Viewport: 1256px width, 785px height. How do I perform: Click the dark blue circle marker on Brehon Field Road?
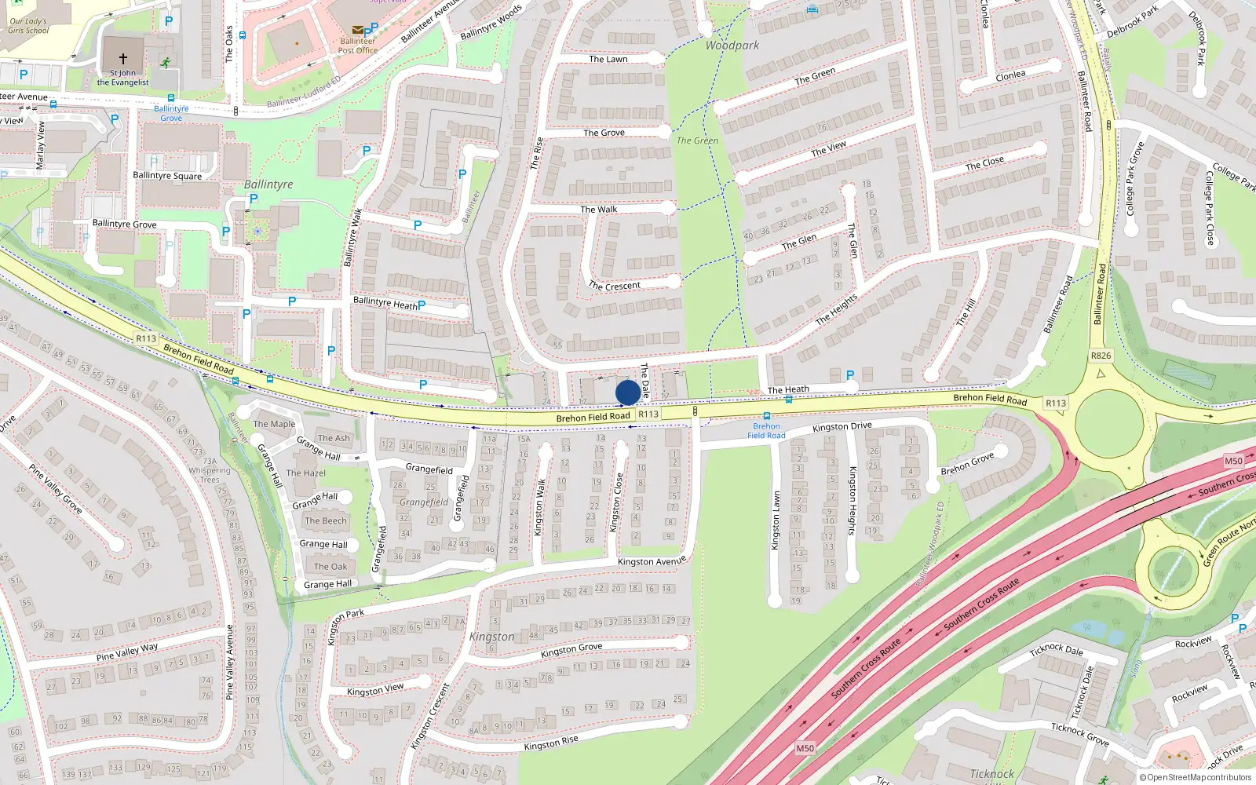pos(627,392)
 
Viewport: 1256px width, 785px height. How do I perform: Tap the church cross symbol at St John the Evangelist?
pos(123,58)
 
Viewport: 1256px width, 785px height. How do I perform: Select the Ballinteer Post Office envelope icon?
pos(357,30)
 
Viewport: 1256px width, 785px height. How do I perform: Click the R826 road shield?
pos(1101,356)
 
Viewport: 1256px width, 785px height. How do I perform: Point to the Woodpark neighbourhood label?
pos(732,46)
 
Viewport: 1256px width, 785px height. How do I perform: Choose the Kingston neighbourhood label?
pos(492,637)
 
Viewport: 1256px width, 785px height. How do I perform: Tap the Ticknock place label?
pos(992,774)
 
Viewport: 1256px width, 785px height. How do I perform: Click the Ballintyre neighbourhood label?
pos(268,184)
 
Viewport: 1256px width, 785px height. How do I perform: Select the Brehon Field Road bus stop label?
pos(766,431)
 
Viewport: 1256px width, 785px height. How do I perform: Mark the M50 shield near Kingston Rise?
pos(805,748)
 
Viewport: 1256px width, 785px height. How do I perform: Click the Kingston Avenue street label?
pos(652,561)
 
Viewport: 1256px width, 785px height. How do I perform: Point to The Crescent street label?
pos(615,286)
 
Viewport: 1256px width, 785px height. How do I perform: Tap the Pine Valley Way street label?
pos(127,652)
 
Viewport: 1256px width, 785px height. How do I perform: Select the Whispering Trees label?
pos(210,475)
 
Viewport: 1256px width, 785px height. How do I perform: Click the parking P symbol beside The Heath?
pos(850,377)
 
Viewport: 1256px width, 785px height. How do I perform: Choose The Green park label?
pos(697,141)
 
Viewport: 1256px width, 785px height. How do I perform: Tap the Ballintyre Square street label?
pos(167,175)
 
